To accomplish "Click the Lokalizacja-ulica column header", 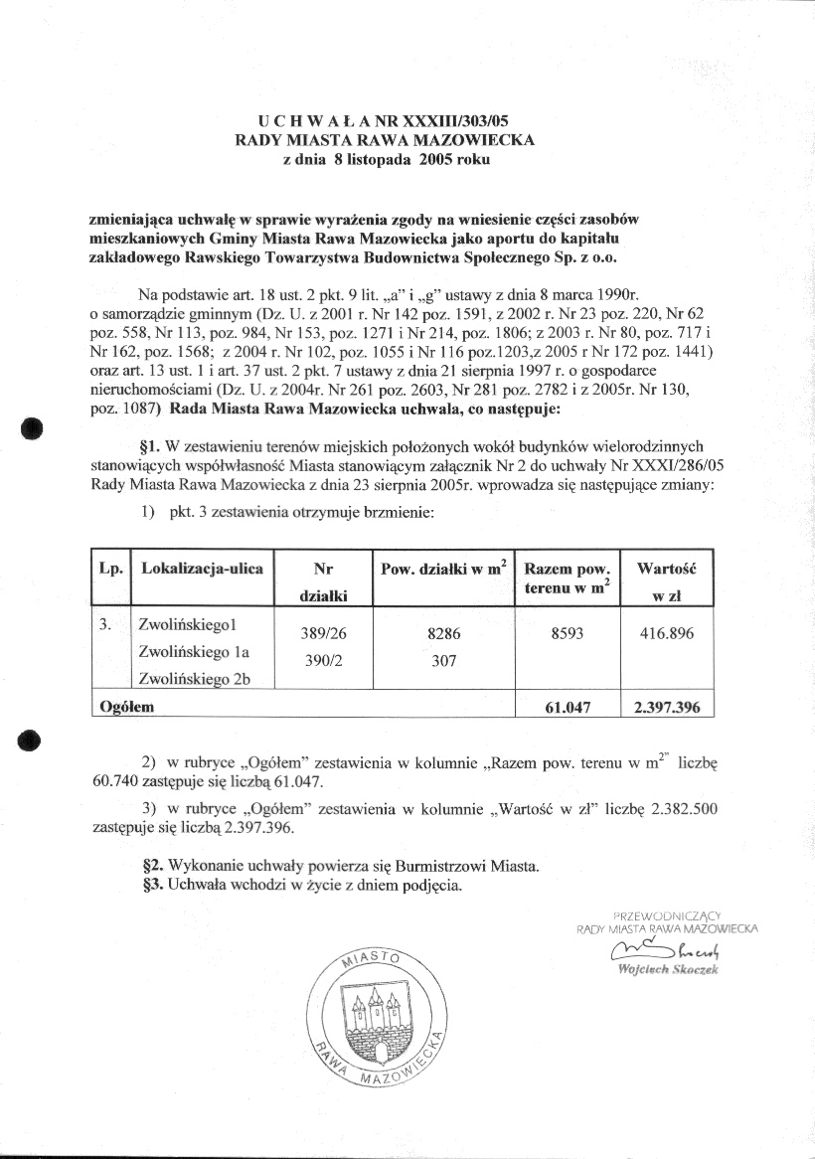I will click(203, 569).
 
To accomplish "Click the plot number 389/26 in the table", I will click(322, 633).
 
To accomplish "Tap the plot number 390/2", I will click(322, 659).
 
